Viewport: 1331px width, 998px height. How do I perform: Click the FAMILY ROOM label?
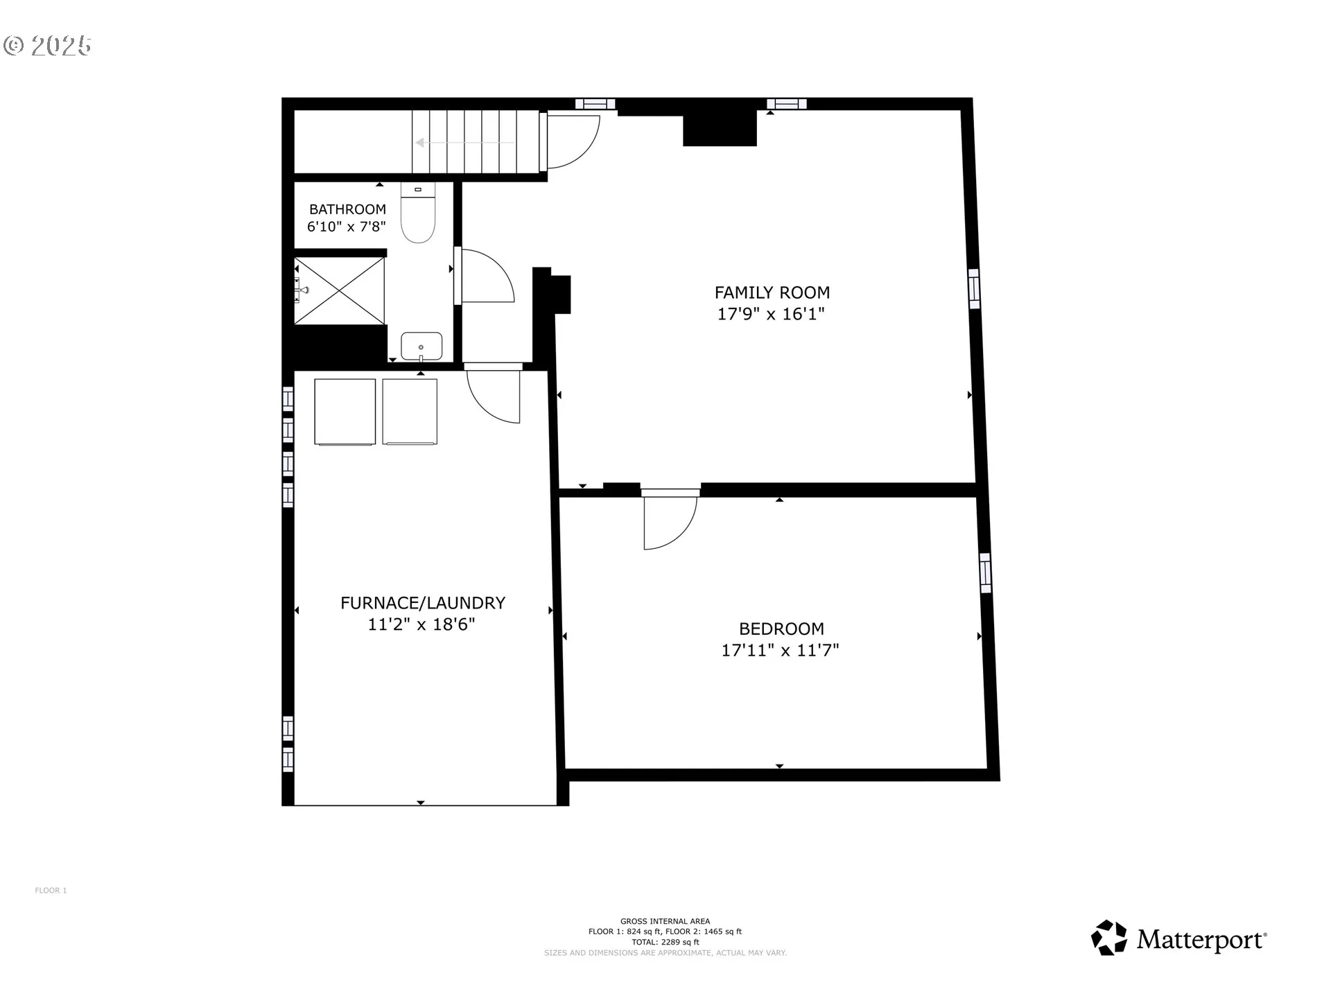click(x=772, y=292)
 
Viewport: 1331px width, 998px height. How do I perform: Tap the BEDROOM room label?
click(x=781, y=629)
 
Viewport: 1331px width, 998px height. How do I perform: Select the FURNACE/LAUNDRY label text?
click(x=422, y=603)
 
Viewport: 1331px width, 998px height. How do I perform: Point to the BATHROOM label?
click(x=347, y=209)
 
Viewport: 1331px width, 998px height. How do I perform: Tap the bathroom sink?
click(x=421, y=347)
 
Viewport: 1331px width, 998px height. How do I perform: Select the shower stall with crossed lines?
click(x=340, y=290)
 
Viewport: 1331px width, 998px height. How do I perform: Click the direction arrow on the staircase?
click(x=464, y=143)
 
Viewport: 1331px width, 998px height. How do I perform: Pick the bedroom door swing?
click(x=670, y=520)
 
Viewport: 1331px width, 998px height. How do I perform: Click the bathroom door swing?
click(x=487, y=275)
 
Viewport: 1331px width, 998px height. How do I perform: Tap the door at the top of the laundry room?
click(x=493, y=395)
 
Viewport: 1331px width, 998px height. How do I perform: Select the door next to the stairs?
click(x=573, y=142)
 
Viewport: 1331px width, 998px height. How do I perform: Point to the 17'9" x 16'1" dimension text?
click(x=771, y=314)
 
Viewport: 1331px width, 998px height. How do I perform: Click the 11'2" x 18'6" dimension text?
click(x=421, y=624)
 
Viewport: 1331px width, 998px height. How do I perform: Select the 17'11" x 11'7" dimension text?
click(x=781, y=650)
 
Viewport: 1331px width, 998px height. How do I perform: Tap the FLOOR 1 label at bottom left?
click(x=51, y=891)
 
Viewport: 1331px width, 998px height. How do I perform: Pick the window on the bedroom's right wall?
click(x=985, y=572)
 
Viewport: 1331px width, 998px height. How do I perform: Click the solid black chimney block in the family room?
click(x=720, y=128)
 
